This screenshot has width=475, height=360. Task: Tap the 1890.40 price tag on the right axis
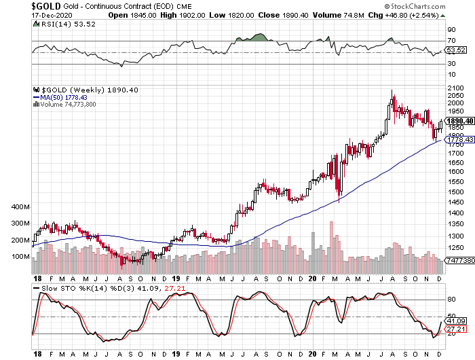457,120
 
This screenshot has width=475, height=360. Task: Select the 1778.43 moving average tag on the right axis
457,139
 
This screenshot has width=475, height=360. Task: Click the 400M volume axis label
19,206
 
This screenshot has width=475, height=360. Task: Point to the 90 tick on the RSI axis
450,31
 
